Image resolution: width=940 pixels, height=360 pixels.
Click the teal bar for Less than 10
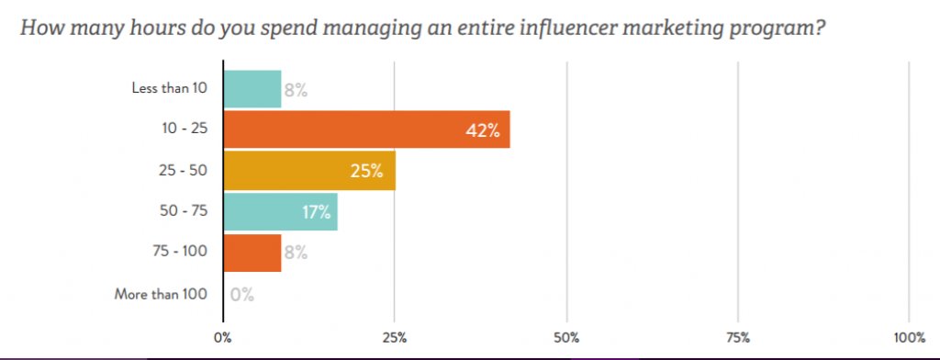pos(252,89)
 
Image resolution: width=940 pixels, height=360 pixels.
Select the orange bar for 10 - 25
pos(366,129)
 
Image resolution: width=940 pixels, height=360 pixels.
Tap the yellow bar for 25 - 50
pos(309,171)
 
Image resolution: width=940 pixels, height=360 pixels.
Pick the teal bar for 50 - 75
pos(281,212)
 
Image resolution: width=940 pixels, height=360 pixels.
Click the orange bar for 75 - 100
pos(252,253)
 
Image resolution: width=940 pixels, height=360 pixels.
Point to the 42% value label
pos(482,130)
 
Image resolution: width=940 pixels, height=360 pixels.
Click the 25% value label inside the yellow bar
pos(368,172)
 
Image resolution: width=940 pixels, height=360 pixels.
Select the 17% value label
pos(316,212)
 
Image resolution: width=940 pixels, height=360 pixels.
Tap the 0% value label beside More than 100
pos(242,295)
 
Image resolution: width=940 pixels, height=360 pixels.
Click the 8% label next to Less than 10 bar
pos(295,90)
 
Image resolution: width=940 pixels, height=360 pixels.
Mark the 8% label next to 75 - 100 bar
pos(295,253)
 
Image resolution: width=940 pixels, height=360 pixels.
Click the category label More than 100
pos(162,295)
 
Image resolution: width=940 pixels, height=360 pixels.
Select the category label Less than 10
pos(170,89)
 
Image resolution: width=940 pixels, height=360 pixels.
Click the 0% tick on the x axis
pos(223,337)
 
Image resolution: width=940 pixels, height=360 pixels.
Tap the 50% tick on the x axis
pos(566,337)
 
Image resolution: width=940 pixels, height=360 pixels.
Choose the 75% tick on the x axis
pos(738,337)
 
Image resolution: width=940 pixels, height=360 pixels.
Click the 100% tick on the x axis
pos(909,337)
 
